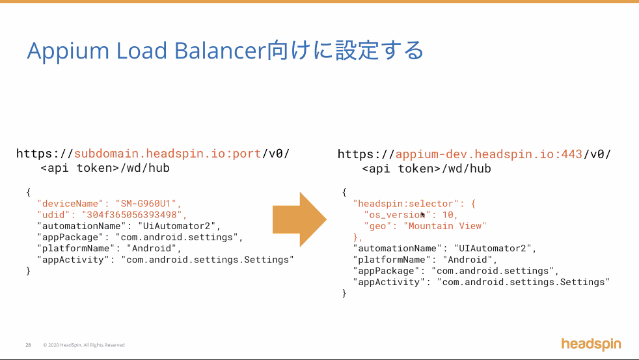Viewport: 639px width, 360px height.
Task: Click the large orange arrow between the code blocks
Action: coord(299,219)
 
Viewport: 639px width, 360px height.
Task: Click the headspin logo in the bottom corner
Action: coord(591,344)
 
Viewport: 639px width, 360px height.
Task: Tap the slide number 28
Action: coord(29,345)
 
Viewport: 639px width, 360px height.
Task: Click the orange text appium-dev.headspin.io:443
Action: coord(489,154)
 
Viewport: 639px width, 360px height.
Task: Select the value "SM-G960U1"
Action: coord(147,203)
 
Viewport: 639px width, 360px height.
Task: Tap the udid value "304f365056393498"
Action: coord(133,214)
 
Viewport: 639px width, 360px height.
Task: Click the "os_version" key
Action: coord(392,215)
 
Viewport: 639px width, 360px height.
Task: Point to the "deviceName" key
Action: coord(70,203)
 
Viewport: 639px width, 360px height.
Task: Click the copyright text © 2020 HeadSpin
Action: coord(83,345)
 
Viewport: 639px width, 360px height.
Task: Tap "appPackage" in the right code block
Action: coord(387,270)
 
